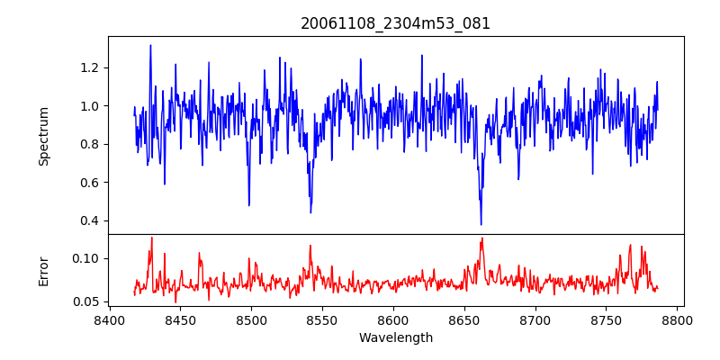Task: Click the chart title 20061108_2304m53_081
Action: (x=395, y=23)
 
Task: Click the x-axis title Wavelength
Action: (x=395, y=338)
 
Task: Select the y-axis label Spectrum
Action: (x=44, y=136)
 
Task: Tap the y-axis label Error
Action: (x=44, y=271)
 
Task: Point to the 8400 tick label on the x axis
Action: (x=109, y=320)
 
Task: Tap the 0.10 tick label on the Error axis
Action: (x=84, y=258)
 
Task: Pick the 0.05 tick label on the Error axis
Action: (x=84, y=301)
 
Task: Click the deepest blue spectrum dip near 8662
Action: (x=481, y=224)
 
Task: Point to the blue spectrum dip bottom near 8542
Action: (x=310, y=212)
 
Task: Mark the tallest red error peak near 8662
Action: (x=482, y=238)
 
